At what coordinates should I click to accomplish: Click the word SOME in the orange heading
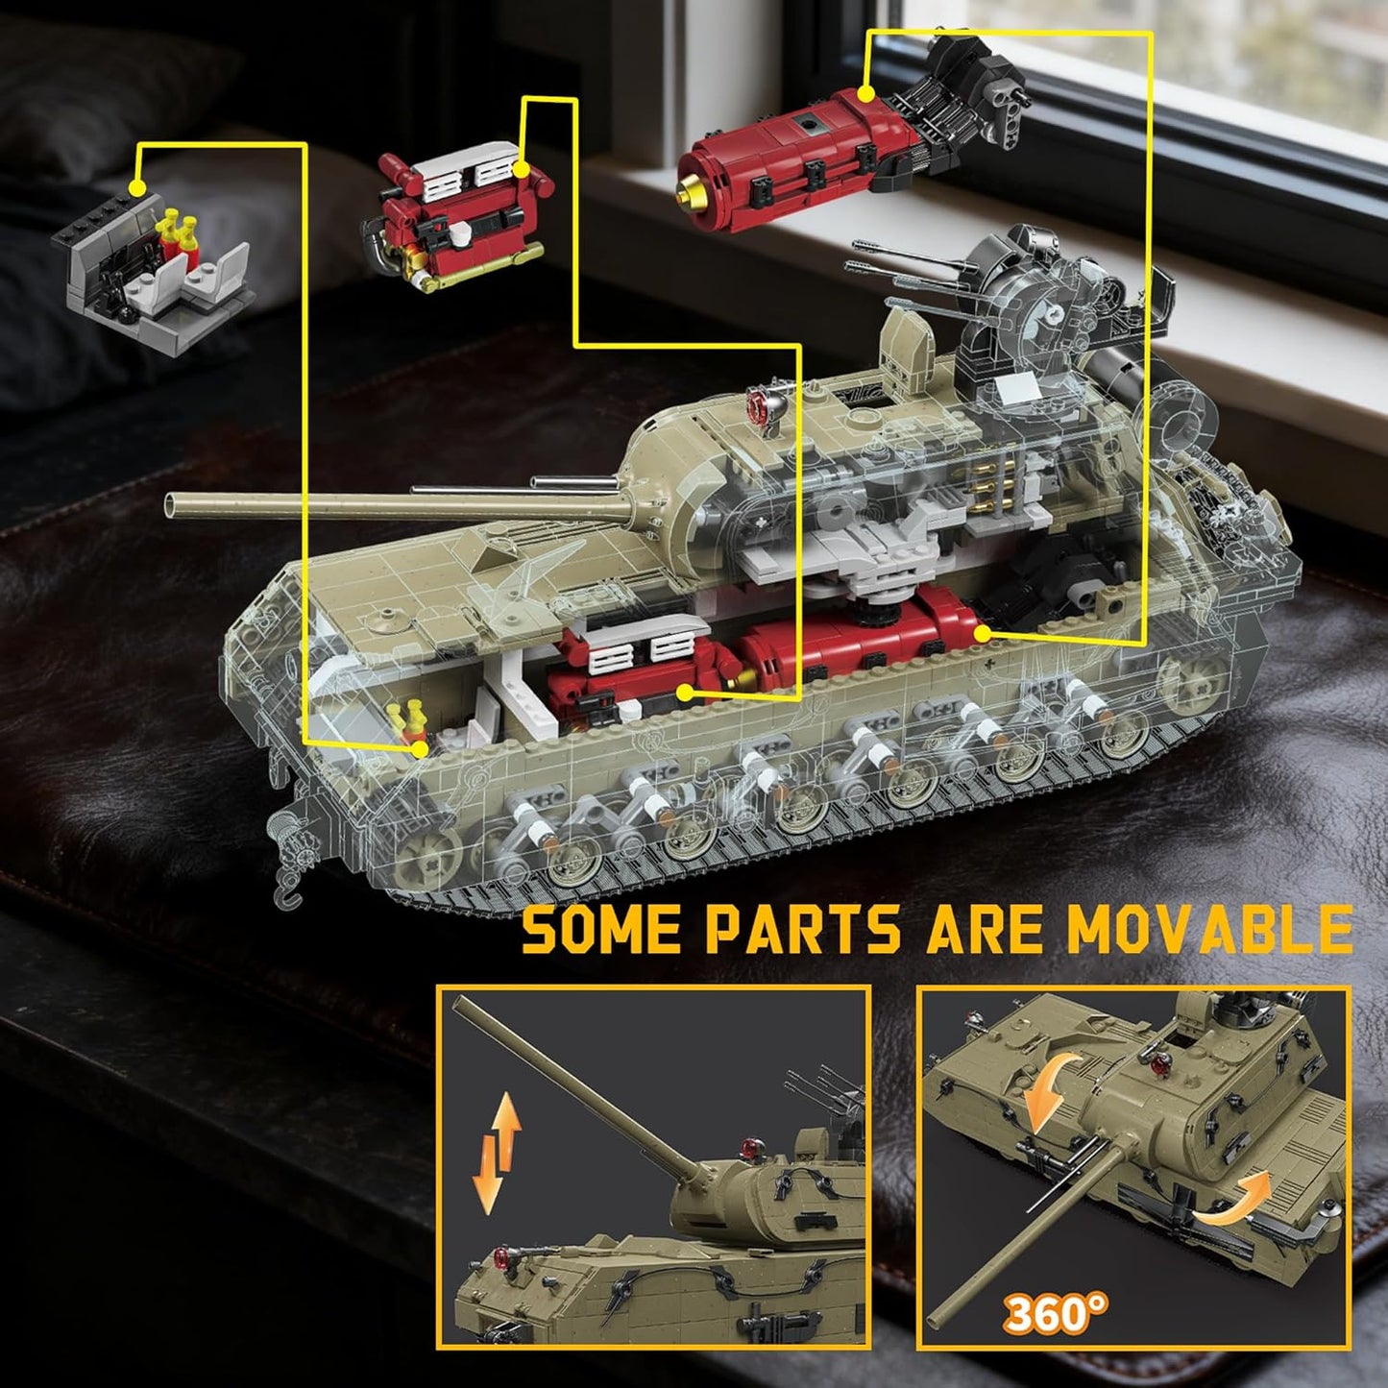pos(600,929)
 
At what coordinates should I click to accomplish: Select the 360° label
pos(1057,1313)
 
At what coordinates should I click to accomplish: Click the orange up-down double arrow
pos(498,1153)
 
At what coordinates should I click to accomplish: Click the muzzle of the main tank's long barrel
pos(171,502)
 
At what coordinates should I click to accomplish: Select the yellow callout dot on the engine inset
pos(523,171)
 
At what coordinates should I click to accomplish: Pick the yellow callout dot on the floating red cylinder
pos(866,93)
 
